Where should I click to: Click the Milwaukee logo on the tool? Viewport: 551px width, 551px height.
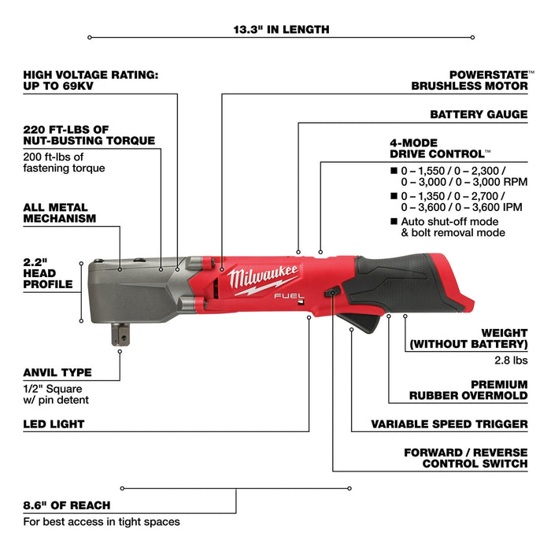coord(264,278)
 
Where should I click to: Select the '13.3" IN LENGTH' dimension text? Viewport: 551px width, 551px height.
coord(281,30)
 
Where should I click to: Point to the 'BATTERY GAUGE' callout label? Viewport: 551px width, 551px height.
coord(479,114)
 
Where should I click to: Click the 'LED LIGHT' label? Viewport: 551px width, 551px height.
coord(54,424)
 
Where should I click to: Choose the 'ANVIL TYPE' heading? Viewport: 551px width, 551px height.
coord(57,372)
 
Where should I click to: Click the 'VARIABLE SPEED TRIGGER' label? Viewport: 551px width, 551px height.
coord(449,424)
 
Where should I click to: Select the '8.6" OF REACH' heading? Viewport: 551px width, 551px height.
coord(67,505)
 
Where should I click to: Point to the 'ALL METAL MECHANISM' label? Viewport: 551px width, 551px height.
coord(60,212)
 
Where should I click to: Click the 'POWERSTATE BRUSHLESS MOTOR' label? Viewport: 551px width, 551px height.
coord(469,80)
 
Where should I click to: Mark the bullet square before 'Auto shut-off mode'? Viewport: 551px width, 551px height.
coord(394,222)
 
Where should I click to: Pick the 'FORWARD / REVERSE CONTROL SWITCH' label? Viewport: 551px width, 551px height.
coord(465,458)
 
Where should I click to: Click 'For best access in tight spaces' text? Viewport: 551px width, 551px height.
coord(102,521)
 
